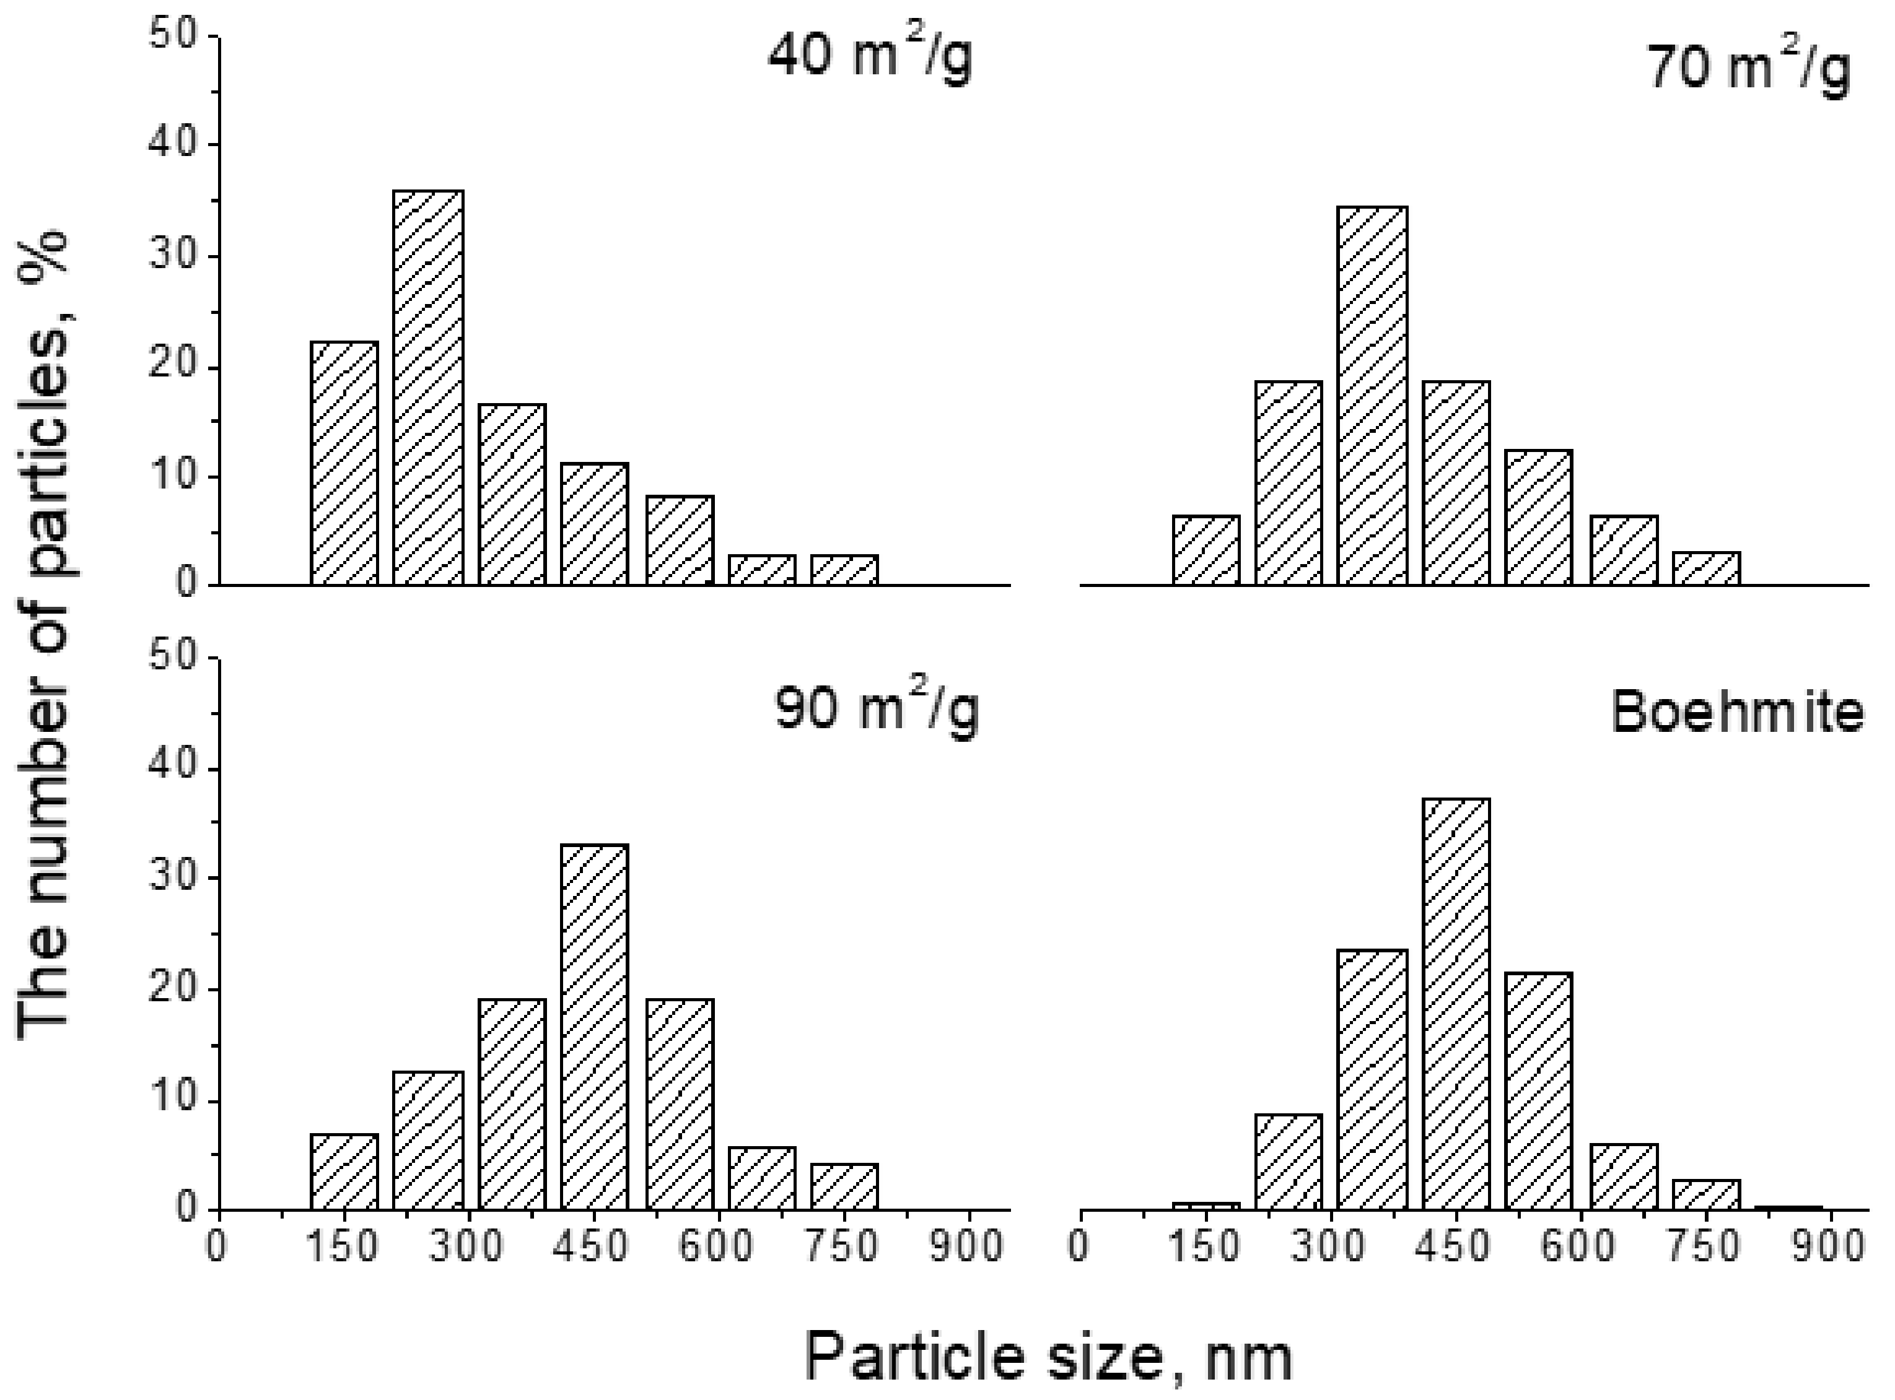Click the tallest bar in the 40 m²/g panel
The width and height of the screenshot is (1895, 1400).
[x=428, y=388]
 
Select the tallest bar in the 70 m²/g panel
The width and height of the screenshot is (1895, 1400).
[x=1372, y=396]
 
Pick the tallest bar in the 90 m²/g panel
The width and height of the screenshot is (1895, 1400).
[x=594, y=1027]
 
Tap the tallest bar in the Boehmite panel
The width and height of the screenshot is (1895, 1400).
[x=1456, y=1004]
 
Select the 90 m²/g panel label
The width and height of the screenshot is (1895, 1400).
[x=876, y=710]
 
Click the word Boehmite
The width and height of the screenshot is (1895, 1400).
[x=1736, y=712]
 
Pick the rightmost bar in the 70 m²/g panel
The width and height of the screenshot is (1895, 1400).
[x=1706, y=568]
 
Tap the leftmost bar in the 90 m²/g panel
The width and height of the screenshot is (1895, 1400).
[x=344, y=1172]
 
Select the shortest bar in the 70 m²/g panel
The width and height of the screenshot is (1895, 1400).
[x=1706, y=568]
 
